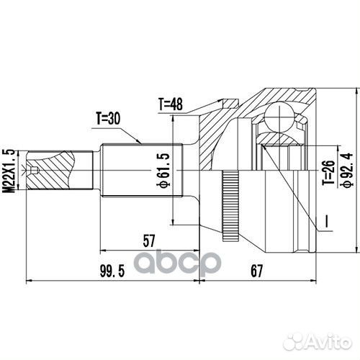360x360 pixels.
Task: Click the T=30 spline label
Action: [108, 117]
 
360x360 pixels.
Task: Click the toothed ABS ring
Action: [230, 205]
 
